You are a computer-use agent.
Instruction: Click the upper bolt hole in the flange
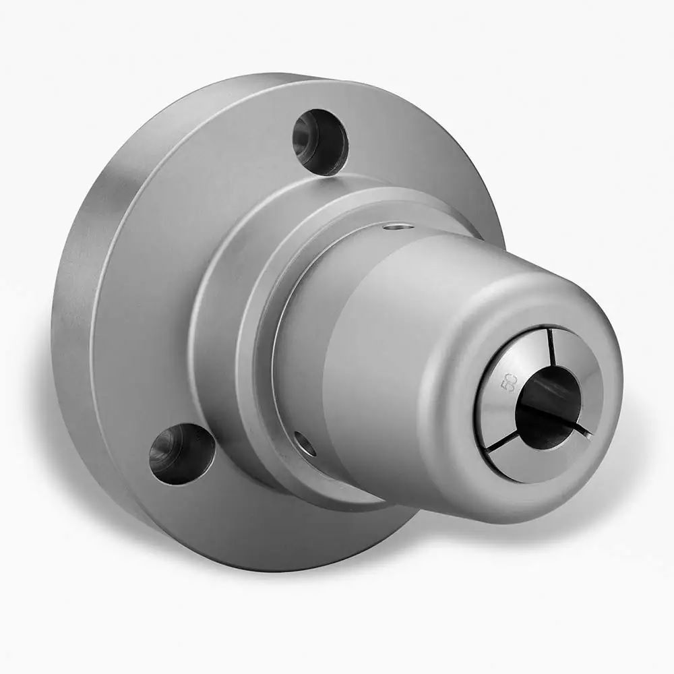click(319, 142)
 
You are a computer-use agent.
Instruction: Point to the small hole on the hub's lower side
click(305, 443)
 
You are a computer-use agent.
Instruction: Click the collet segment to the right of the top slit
click(580, 377)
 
